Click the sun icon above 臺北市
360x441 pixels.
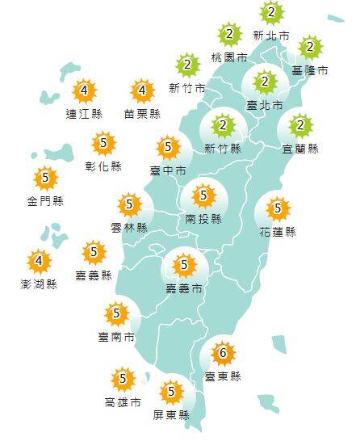(x=264, y=82)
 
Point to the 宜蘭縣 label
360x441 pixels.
(x=301, y=149)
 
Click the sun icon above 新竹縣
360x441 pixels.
(x=224, y=125)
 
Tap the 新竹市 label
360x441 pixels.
(x=187, y=87)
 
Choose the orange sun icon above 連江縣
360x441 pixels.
(x=84, y=91)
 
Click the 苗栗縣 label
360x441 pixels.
(x=143, y=114)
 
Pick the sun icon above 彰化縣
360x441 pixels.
(x=104, y=145)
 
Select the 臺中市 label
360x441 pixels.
(x=168, y=170)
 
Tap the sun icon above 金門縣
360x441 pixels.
(x=44, y=178)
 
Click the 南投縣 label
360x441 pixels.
(x=203, y=218)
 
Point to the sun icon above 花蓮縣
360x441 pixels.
(x=278, y=210)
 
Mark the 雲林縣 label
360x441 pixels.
(x=129, y=228)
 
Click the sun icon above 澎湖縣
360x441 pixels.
(x=39, y=262)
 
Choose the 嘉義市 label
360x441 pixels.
(x=185, y=288)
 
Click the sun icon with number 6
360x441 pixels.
(x=222, y=353)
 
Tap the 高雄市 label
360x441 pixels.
(x=123, y=401)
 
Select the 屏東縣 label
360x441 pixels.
(x=170, y=415)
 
